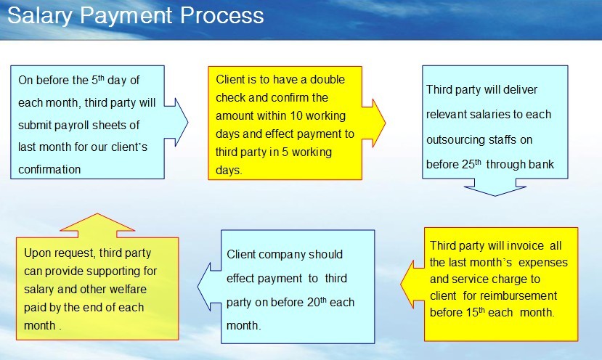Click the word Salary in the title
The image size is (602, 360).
(x=40, y=16)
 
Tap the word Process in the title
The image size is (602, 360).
(x=222, y=15)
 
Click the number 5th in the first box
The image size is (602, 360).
(x=98, y=79)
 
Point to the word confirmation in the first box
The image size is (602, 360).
(x=49, y=169)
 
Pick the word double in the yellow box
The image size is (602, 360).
(x=328, y=79)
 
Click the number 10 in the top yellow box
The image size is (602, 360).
(x=296, y=115)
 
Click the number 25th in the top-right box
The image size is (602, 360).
(x=471, y=164)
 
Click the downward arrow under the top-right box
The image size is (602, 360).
(x=495, y=187)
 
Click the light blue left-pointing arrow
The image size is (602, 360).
(x=209, y=287)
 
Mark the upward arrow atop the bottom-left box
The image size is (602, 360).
(x=97, y=225)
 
